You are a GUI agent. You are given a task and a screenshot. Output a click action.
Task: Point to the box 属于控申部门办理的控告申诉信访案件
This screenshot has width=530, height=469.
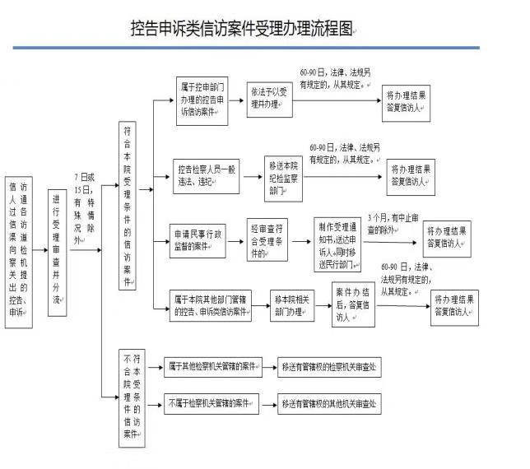click(202, 101)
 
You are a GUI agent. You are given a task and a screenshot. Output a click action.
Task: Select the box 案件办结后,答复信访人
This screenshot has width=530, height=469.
click(352, 304)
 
